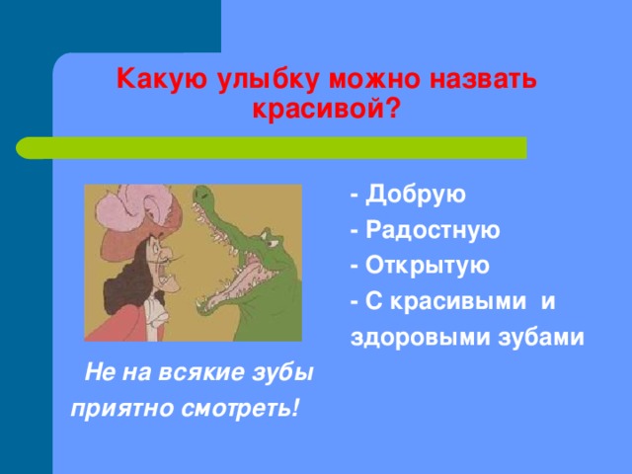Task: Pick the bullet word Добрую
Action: (x=415, y=195)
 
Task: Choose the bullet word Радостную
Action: (x=433, y=230)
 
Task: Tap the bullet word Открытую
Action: (x=427, y=266)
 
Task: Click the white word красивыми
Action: (x=458, y=301)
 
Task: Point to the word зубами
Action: (x=541, y=336)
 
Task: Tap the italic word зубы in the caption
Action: (x=283, y=372)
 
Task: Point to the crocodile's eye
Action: (x=273, y=244)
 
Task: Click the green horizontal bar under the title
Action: (x=272, y=148)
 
